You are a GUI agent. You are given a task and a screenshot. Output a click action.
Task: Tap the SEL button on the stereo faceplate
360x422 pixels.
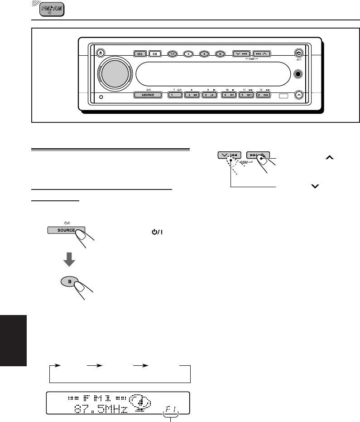(139, 53)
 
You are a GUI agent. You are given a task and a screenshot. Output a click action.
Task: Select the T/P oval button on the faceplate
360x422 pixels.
(173, 53)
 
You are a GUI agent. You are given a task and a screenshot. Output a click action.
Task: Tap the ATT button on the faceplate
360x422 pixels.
(298, 53)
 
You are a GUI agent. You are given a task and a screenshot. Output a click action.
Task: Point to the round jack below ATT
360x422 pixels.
(298, 74)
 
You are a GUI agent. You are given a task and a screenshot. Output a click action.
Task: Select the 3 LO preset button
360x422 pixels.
(209, 95)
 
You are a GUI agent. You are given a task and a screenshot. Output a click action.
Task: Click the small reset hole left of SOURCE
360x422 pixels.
(101, 97)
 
